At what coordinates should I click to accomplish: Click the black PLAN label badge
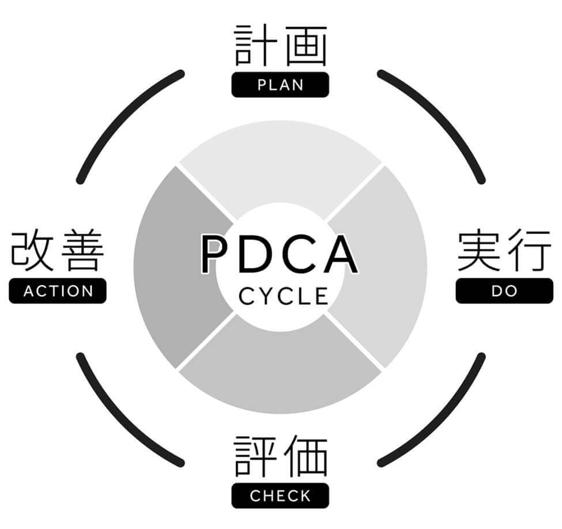click(x=280, y=85)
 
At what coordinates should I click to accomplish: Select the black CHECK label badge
click(x=280, y=496)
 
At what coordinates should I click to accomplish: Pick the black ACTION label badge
click(x=58, y=291)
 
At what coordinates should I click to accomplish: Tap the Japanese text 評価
click(x=280, y=457)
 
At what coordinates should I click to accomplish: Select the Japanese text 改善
click(x=58, y=252)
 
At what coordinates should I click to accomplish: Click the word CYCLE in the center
click(x=283, y=296)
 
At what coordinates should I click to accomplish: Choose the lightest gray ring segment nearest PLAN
click(x=280, y=161)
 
